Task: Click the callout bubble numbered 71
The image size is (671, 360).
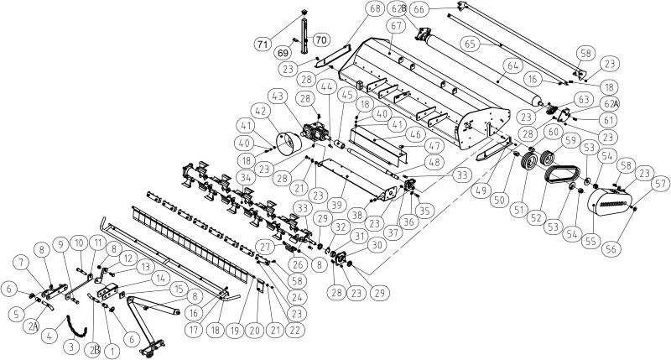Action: [x=263, y=44]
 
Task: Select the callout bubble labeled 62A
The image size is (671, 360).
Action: [x=610, y=104]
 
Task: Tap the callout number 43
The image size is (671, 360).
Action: [x=278, y=97]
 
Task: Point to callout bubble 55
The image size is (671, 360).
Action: [x=590, y=242]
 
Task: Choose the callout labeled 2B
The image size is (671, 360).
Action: [x=94, y=350]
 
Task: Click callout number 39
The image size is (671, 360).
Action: [x=337, y=205]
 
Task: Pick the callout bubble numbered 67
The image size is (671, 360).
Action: [x=396, y=26]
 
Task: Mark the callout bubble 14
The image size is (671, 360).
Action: [x=160, y=279]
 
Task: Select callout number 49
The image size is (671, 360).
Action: [x=481, y=190]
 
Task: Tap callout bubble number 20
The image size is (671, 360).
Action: [x=255, y=331]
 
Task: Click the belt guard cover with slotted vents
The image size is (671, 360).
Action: [x=610, y=202]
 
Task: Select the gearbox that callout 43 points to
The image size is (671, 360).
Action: [x=316, y=131]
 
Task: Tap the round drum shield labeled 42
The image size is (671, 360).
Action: [x=288, y=143]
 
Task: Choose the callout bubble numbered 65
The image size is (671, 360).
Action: [x=470, y=44]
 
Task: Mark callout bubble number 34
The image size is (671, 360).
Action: [x=246, y=177]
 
